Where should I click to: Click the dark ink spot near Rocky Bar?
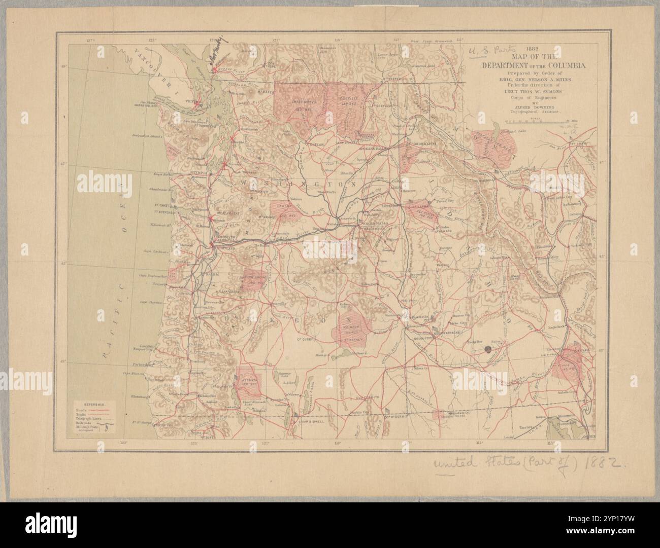[488, 349]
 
